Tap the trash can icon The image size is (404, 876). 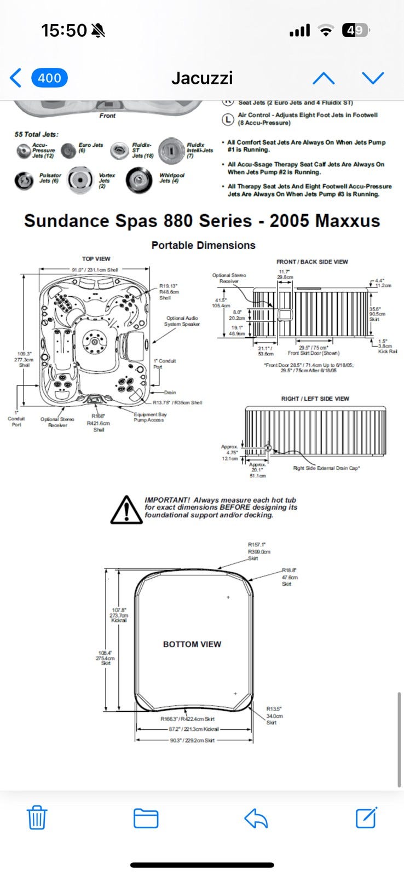pos(37,818)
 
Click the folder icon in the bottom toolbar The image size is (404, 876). pos(146,818)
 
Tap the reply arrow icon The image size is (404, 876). pos(256,818)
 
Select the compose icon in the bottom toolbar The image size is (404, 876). pos(366,818)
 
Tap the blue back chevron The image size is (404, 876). pos(16,78)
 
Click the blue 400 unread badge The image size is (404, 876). pos(49,78)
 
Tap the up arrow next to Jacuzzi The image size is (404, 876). pos(324,78)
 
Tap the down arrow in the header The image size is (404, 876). pos(373,78)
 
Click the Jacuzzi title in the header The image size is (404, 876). pos(202,78)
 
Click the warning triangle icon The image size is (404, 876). pos(126,510)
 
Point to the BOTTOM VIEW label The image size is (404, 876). pos(192,644)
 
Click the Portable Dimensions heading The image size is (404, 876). pos(203,245)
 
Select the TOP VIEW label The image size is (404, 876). pos(96,258)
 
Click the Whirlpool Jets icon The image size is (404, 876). pos(139,180)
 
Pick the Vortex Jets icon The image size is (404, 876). pos(80,180)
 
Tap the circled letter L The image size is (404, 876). pos(228,119)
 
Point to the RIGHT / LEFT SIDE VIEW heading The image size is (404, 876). pos(315,399)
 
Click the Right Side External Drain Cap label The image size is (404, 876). pos(326,468)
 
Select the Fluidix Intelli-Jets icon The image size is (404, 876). pos(171,151)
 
